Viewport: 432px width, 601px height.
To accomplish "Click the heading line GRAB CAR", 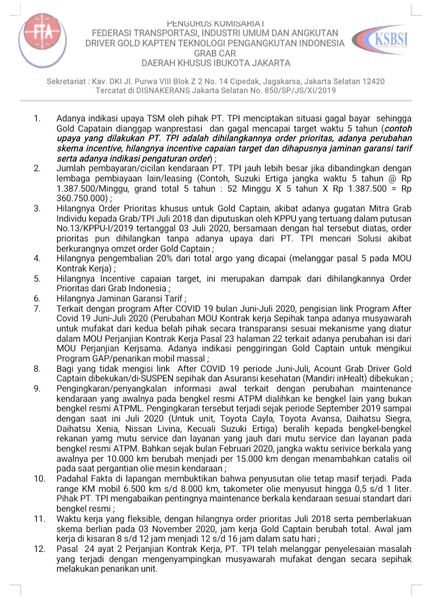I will coord(215,53).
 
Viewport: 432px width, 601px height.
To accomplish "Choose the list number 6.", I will coord(37,298).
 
